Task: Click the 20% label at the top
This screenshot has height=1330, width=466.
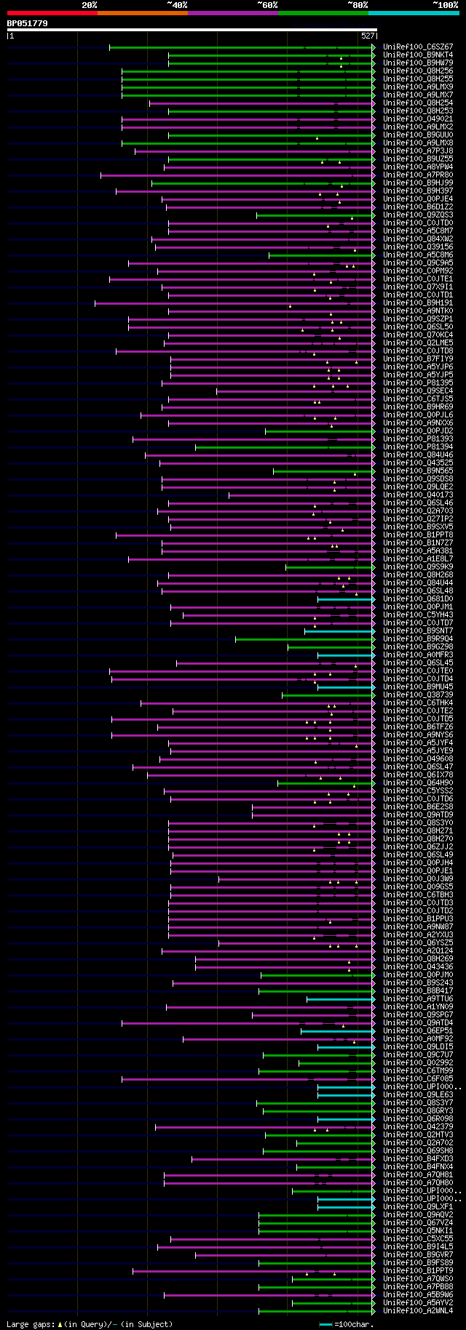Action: [x=89, y=5]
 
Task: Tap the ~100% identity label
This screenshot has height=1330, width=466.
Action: [x=445, y=5]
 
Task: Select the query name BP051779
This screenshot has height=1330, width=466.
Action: [x=27, y=23]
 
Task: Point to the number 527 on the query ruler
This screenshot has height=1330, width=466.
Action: [x=367, y=36]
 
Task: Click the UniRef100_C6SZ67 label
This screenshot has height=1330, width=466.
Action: [x=418, y=47]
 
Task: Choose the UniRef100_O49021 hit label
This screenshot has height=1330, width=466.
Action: [x=418, y=119]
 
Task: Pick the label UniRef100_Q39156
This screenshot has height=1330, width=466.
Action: [x=418, y=247]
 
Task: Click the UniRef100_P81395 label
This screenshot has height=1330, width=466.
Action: [x=418, y=383]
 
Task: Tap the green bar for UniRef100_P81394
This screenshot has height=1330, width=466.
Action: [x=284, y=447]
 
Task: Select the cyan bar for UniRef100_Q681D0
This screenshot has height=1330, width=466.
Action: [x=345, y=599]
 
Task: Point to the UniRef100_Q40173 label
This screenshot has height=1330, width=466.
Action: [x=418, y=495]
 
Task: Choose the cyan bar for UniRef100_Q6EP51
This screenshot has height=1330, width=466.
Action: [x=337, y=1031]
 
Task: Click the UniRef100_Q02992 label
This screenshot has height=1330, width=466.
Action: [x=418, y=1063]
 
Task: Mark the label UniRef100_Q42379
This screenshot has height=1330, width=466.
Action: [x=418, y=1127]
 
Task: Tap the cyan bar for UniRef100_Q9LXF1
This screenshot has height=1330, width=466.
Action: [x=345, y=1207]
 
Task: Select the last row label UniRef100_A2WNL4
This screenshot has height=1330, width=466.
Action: [x=418, y=1311]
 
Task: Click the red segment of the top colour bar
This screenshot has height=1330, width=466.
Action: [x=52, y=13]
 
